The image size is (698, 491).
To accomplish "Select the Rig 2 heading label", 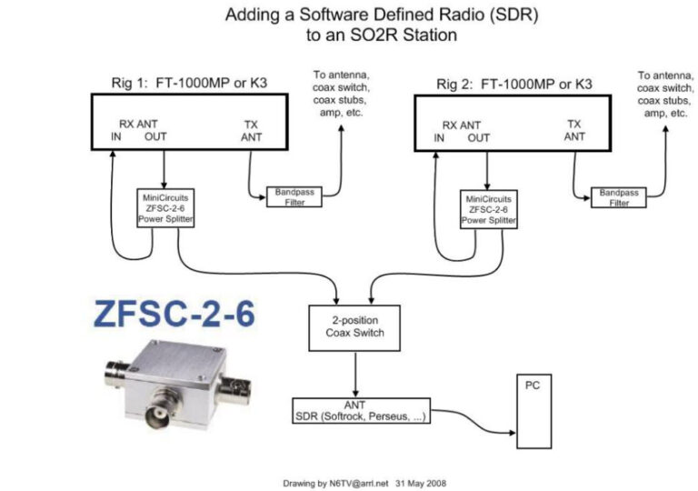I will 514,85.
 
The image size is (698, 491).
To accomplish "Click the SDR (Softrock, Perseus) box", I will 361,410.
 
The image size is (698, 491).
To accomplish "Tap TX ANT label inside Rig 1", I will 251,131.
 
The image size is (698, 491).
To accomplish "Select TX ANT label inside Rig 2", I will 574,131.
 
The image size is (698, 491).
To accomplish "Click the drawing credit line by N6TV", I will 364,483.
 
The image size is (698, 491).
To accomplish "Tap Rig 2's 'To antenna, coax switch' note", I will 666,95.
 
